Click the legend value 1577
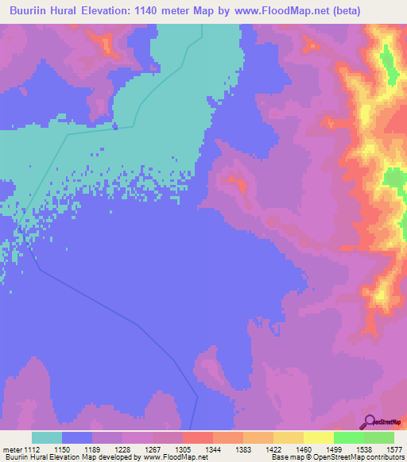(395, 449)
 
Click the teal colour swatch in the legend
(47, 437)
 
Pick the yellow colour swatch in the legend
(319, 437)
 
